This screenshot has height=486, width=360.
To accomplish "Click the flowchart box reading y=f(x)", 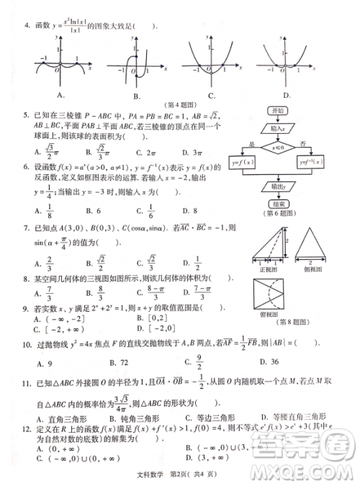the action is (x=243, y=163).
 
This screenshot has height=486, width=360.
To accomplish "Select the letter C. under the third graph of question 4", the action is (x=212, y=94).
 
